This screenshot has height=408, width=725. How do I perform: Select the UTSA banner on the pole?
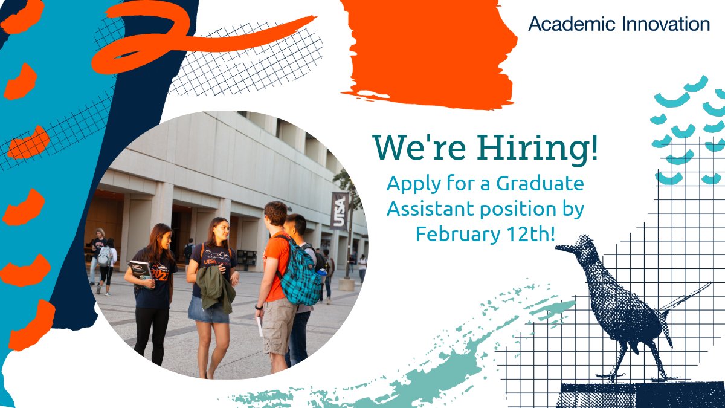click(x=340, y=211)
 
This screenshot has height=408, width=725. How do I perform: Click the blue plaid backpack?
click(x=300, y=275)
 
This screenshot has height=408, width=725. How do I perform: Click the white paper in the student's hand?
click(x=260, y=326)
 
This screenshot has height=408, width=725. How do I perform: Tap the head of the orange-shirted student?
click(x=276, y=214)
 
